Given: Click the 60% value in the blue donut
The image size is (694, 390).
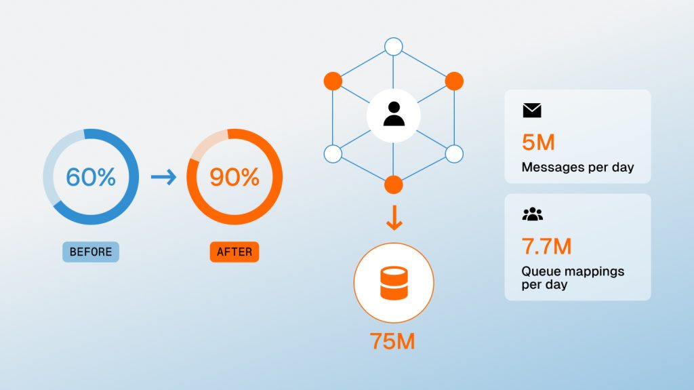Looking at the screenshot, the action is tap(91, 177).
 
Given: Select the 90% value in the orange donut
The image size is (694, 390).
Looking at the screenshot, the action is tap(234, 177).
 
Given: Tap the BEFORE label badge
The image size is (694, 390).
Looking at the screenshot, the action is tap(91, 252).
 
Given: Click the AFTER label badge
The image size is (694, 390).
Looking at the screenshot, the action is tap(234, 252).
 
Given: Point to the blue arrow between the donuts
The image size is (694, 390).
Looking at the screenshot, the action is tap(164, 177).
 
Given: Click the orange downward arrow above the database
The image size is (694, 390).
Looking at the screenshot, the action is tap(394, 218).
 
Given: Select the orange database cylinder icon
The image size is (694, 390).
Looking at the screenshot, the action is tap(394, 283).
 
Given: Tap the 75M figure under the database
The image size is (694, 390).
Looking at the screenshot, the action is tap(392, 341).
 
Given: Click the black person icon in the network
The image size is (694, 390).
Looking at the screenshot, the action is tap(394, 114).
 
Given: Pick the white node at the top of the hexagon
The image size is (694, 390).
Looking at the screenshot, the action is tap(394, 47).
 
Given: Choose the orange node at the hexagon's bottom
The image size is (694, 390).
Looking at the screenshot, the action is tap(394, 184).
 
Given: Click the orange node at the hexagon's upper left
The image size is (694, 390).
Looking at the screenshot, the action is tap(333, 81).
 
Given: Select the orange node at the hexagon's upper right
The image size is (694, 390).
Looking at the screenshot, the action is tap(454, 81).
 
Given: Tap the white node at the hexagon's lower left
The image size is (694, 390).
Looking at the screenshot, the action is tap(333, 154).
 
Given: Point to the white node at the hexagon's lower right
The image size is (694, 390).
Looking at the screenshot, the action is tap(454, 154).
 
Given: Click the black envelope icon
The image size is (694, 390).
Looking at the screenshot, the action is tap(532, 111).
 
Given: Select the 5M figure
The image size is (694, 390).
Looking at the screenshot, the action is tap(538, 142).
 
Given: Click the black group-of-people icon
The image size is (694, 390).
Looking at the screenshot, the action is tap(533, 214).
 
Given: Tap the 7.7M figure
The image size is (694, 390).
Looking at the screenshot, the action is tap(547, 246).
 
